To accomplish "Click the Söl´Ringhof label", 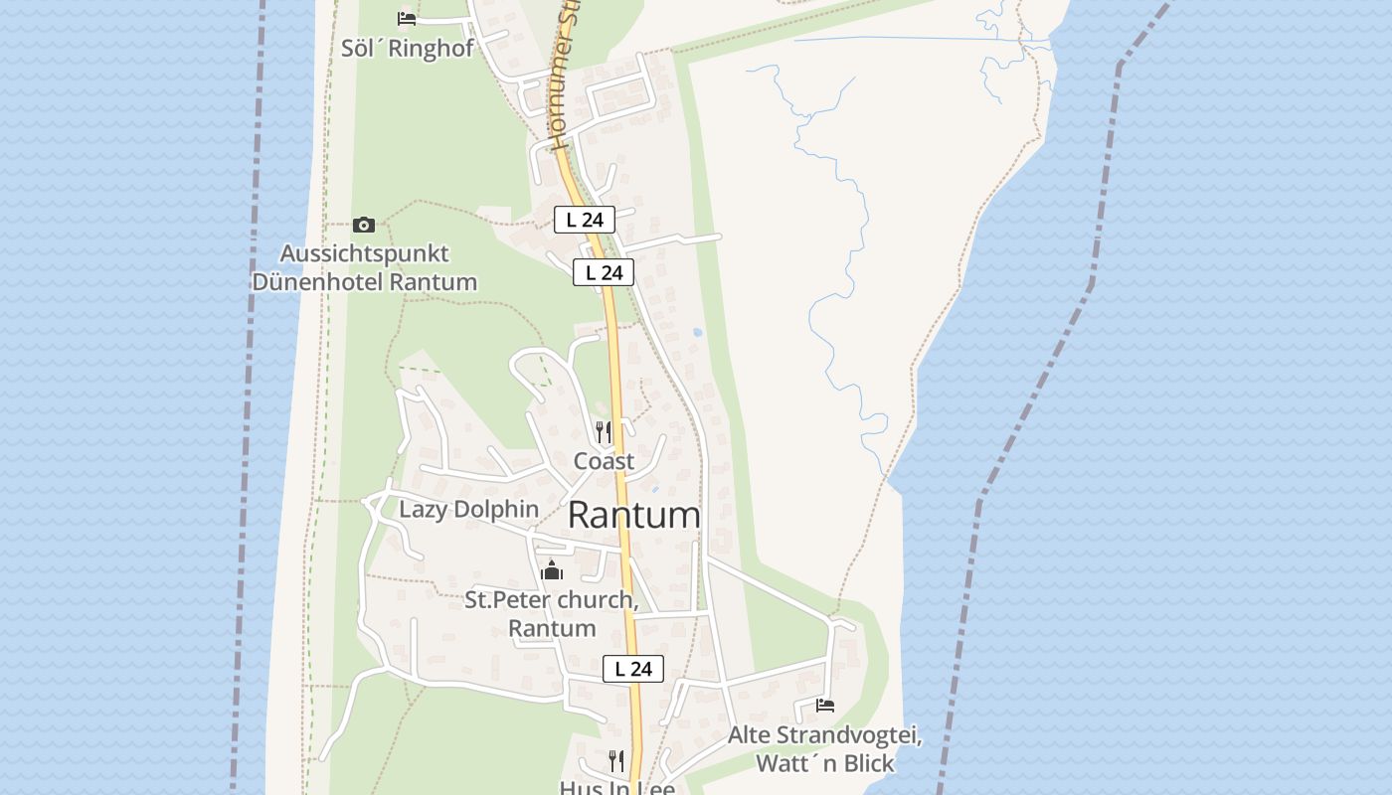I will coord(407,49).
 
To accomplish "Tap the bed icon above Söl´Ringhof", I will coord(406,18).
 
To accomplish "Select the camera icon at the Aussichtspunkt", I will coord(364,225).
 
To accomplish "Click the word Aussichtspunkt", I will coord(364,253).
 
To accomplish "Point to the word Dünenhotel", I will coord(318,282).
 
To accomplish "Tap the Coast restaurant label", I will coord(604,461).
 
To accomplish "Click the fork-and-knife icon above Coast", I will coord(604,431).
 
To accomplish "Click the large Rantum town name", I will coord(633,516).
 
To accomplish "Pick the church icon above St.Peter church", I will coord(552,570).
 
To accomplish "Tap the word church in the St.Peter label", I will coord(595,600).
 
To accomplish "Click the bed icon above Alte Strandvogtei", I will coord(824,706).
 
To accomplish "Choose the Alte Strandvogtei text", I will coord(825,736).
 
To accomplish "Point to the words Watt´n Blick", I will coord(825,763).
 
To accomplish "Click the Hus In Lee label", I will coord(616,788).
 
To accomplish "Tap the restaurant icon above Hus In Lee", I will coord(616,761).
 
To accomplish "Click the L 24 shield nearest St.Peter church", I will coord(633,669).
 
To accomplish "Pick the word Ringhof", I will coord(432,49).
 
